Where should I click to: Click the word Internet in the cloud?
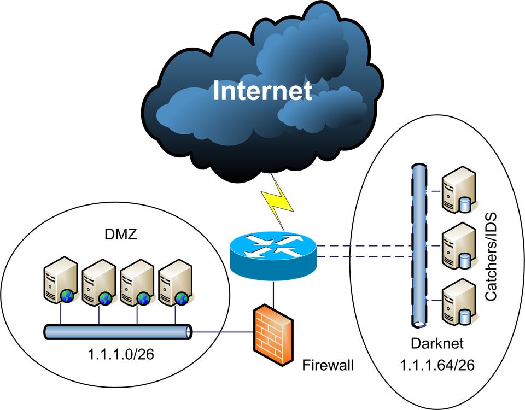click(x=262, y=90)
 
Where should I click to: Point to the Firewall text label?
click(x=328, y=365)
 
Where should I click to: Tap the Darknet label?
click(x=437, y=343)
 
